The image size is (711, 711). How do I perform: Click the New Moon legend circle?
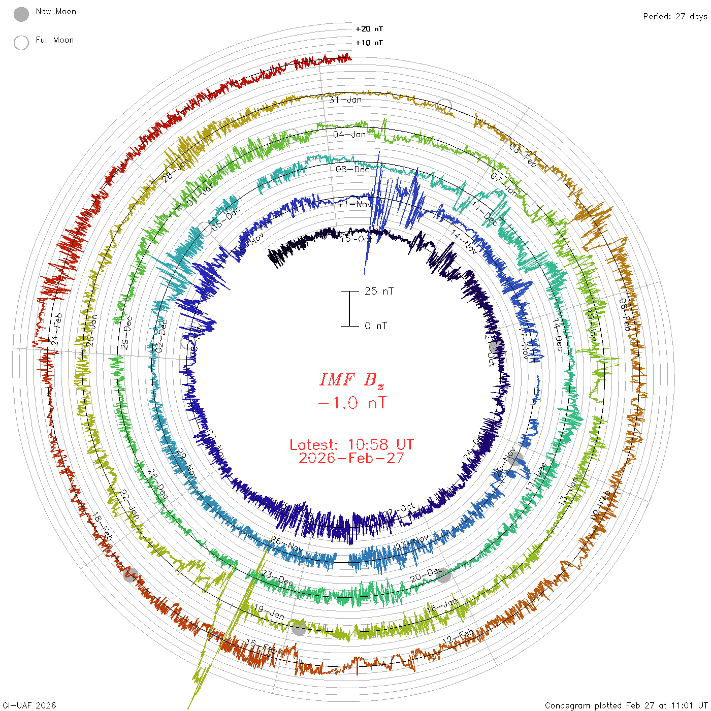(x=21, y=15)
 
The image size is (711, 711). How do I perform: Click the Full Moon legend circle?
(x=21, y=43)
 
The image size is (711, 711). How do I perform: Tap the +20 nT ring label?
(x=369, y=29)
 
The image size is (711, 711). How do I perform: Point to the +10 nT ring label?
(x=369, y=43)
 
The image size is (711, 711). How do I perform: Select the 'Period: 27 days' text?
(x=675, y=16)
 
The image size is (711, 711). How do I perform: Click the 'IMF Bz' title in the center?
(x=351, y=380)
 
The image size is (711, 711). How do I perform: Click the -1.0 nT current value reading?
(x=351, y=403)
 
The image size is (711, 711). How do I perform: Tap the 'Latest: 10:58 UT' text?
(x=351, y=445)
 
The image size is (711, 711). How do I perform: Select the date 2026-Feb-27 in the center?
(x=351, y=458)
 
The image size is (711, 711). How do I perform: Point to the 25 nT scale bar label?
(x=379, y=291)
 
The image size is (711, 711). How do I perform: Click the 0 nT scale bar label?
(x=376, y=326)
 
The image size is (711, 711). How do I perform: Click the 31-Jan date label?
(x=345, y=100)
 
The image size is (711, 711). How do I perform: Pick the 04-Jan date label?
(x=349, y=135)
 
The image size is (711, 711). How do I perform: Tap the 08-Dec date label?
(x=352, y=169)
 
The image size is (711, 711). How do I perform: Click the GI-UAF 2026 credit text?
(x=29, y=705)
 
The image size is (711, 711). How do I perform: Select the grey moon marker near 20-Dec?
(x=444, y=576)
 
